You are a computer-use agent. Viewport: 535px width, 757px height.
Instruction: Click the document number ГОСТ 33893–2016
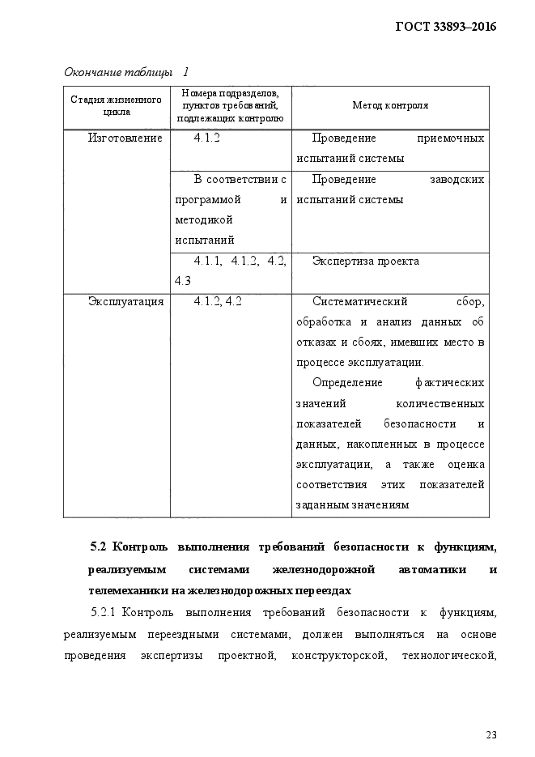445,27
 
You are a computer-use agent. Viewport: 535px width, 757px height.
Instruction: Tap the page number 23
491,734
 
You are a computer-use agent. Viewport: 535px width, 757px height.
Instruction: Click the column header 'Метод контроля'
390,106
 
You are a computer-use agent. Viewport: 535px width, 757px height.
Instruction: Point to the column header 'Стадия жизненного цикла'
117,106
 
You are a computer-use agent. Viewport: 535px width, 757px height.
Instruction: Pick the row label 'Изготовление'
125,138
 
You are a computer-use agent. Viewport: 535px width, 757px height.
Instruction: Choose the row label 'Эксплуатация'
125,301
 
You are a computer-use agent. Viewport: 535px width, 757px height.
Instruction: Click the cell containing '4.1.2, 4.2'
218,301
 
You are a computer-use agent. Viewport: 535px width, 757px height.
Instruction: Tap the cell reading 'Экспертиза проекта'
365,261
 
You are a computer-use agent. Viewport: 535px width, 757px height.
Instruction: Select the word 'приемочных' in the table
450,138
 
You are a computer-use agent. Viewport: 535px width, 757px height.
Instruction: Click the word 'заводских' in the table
456,179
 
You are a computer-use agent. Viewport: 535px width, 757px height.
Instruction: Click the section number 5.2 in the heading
100,549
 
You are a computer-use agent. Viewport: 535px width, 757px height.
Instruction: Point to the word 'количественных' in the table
439,403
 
